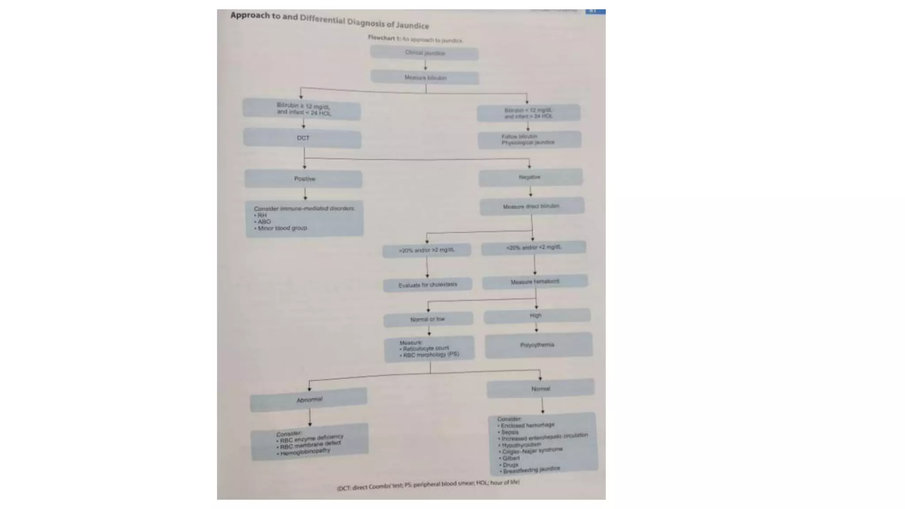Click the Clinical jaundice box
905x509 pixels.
coord(424,53)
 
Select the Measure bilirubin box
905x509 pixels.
coord(425,78)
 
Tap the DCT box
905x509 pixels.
coord(302,138)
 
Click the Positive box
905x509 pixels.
coord(304,179)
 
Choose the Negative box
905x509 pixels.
coord(530,177)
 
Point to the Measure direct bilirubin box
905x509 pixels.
coord(532,206)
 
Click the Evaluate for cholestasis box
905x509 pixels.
coord(427,285)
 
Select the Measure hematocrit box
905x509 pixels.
coord(535,281)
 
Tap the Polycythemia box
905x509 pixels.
coord(538,345)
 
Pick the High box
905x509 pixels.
coord(536,315)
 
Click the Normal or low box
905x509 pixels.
coord(428,319)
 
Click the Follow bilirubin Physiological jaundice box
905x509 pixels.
coord(529,140)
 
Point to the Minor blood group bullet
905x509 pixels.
coord(282,228)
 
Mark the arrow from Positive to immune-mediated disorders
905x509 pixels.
coord(305,194)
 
